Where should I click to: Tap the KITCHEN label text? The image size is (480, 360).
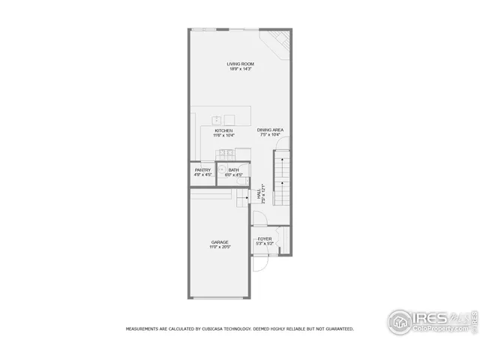223,130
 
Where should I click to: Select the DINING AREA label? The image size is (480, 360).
271,130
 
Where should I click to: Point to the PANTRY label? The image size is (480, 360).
202,170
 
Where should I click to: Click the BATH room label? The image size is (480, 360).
234,170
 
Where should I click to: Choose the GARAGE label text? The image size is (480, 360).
219,241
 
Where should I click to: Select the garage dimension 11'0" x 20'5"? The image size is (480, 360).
219,247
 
